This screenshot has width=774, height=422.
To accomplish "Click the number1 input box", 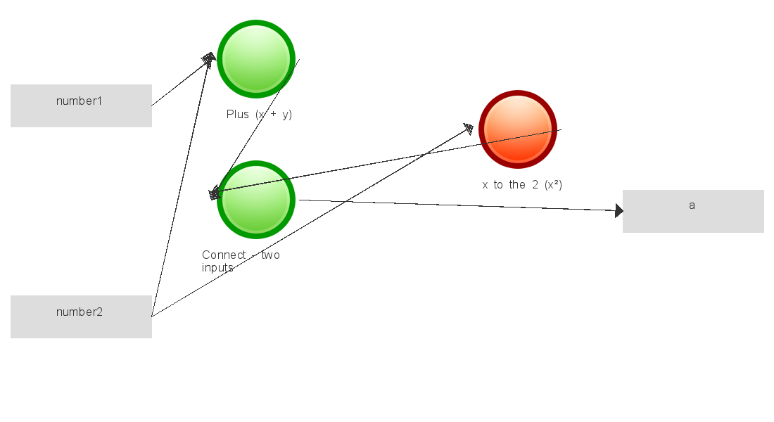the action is (x=81, y=105).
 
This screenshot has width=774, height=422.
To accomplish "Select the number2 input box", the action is (x=81, y=317).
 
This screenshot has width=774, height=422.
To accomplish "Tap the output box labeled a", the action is (x=693, y=211).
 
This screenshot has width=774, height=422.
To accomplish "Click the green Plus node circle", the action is (x=256, y=59).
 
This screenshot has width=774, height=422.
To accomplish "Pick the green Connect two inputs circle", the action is (x=256, y=200).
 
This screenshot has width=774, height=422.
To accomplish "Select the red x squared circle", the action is (x=518, y=129).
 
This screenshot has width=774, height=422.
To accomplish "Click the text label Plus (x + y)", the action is (x=259, y=115).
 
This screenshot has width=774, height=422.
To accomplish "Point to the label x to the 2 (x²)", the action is (x=522, y=184).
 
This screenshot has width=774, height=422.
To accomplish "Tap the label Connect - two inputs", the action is (x=241, y=261).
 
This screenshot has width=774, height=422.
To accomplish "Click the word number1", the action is (x=79, y=101).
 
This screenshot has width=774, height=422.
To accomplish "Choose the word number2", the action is (x=79, y=312).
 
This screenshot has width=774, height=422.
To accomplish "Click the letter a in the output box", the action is (x=692, y=205).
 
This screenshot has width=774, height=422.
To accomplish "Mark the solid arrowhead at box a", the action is (x=619, y=211).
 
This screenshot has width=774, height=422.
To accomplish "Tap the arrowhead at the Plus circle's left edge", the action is (x=210, y=59).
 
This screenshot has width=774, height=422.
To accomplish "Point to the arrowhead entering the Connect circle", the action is (x=214, y=193).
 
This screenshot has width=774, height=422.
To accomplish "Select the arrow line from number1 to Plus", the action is (x=184, y=82).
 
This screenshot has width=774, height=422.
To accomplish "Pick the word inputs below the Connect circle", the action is (x=217, y=267).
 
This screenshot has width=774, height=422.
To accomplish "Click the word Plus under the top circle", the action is (x=237, y=115).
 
